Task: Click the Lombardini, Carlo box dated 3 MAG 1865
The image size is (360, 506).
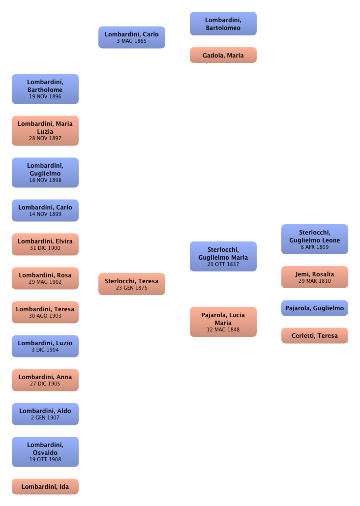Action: point(132,37)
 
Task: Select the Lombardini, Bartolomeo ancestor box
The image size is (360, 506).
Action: point(223,24)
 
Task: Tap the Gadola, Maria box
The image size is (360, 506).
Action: point(223,56)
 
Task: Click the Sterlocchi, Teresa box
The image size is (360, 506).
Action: point(132,284)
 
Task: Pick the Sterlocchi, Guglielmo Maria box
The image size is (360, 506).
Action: point(223,256)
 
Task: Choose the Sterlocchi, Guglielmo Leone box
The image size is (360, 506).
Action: point(315,239)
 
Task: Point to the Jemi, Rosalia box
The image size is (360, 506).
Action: point(315,277)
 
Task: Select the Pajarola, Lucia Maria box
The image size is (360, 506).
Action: point(223,322)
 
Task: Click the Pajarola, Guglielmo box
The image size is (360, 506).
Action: point(315,308)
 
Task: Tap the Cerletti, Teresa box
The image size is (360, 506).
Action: point(315,336)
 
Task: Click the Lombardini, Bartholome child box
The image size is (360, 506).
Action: point(45,89)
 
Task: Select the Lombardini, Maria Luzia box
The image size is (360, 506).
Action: point(45,130)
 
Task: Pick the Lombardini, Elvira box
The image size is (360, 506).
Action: point(45,244)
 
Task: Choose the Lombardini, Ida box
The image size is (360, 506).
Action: point(45,487)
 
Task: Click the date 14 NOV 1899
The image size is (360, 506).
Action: point(45,214)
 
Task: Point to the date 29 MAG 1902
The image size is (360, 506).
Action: point(45,282)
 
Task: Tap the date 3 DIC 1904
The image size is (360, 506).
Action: point(45,350)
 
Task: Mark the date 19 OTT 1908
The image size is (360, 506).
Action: point(45,459)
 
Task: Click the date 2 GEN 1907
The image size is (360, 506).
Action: point(45,417)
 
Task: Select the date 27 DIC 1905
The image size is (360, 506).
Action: point(45,384)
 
